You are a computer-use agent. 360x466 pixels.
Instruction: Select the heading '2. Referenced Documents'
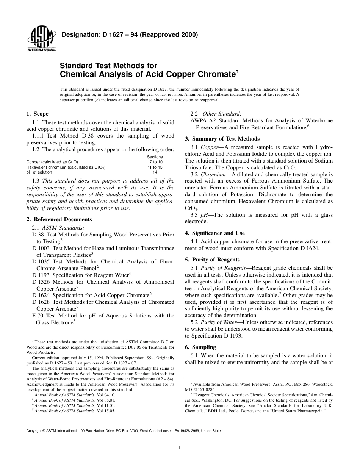59,219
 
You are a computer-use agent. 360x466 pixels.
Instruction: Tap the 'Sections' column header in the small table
155,157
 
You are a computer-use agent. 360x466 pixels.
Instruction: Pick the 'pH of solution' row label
39,172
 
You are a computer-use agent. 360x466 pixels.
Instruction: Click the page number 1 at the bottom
180,447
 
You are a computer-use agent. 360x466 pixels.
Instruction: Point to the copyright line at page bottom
125,431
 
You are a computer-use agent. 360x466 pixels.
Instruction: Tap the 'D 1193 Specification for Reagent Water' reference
81,274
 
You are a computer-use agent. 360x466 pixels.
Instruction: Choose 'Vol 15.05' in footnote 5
106,410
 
